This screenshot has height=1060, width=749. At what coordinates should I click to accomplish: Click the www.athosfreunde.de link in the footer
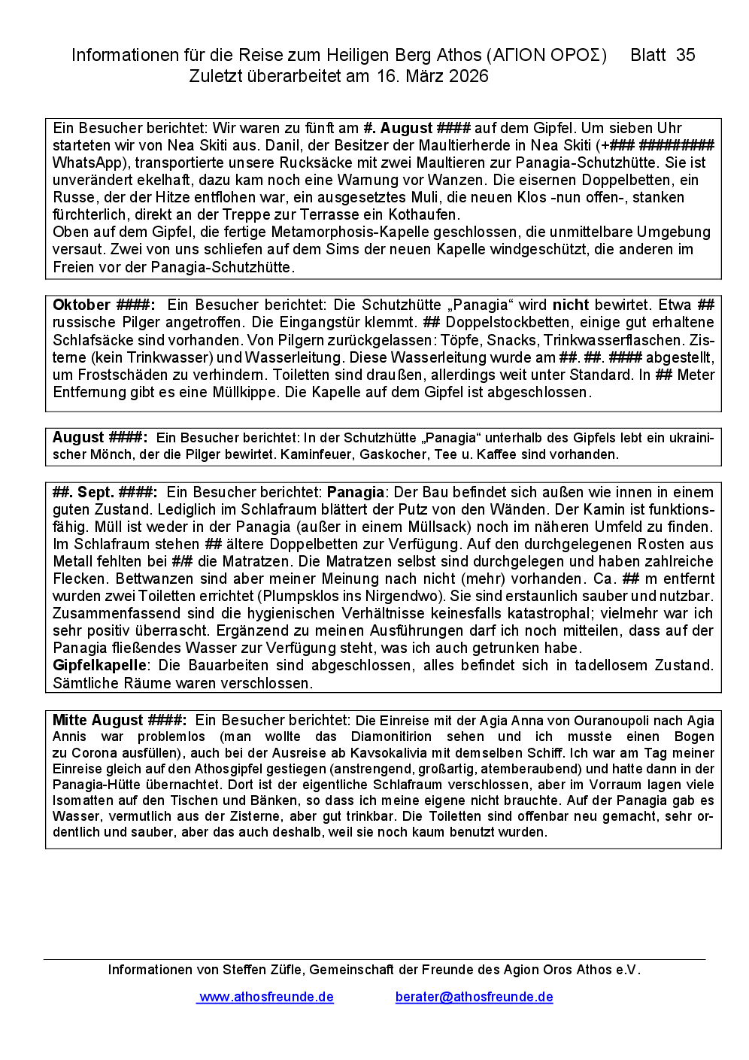(266, 997)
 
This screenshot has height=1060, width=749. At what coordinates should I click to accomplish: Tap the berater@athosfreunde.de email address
(474, 997)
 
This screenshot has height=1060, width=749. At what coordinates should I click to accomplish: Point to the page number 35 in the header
(685, 55)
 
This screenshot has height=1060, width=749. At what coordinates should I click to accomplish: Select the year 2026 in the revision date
(469, 76)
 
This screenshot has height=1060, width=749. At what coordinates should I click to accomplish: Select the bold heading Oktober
(81, 305)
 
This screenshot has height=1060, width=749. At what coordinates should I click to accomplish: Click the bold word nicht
(570, 305)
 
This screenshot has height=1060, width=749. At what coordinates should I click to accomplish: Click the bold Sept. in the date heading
(96, 492)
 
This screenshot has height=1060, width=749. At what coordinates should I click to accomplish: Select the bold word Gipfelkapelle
(99, 665)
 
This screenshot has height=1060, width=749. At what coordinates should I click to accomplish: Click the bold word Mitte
(70, 720)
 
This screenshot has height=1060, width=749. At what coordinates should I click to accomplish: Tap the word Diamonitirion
(391, 737)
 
